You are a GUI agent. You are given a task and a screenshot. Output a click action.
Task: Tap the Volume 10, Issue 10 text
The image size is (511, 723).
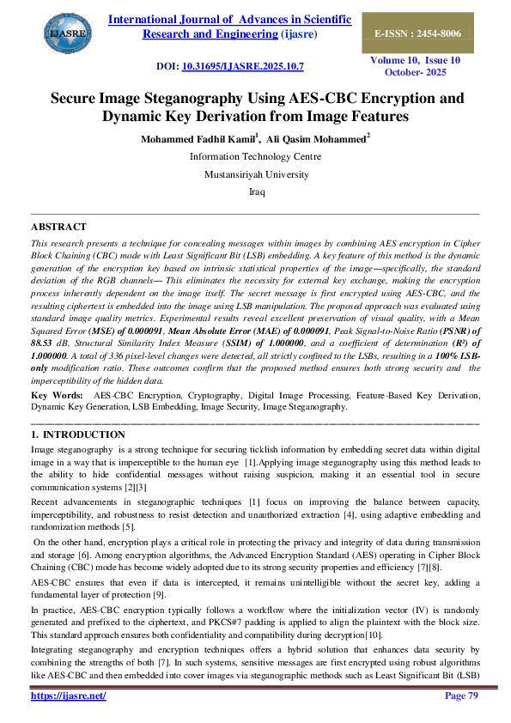(416, 61)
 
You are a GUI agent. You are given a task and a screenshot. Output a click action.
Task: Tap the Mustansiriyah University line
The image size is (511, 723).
(255, 174)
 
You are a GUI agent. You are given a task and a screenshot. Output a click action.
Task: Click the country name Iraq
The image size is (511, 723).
(255, 192)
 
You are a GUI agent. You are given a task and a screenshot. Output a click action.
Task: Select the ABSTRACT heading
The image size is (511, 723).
(58, 227)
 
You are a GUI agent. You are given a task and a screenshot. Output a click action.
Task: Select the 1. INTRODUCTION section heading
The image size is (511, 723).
(71, 435)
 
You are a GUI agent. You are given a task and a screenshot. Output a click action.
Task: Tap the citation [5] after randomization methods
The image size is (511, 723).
(129, 526)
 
